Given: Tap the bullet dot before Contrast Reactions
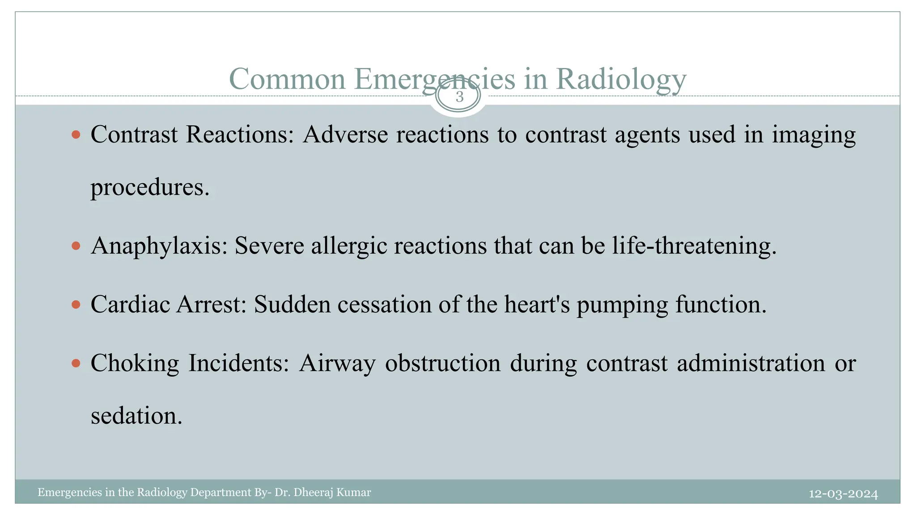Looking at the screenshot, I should point(76,134).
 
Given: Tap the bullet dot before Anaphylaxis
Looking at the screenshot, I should point(76,245).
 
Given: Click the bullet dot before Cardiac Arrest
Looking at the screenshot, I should point(76,304).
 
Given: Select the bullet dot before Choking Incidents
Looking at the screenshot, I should point(76,363).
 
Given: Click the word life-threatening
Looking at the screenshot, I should point(694,245).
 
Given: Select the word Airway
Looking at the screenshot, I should point(337,363).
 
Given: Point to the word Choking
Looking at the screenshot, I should point(135,363).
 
